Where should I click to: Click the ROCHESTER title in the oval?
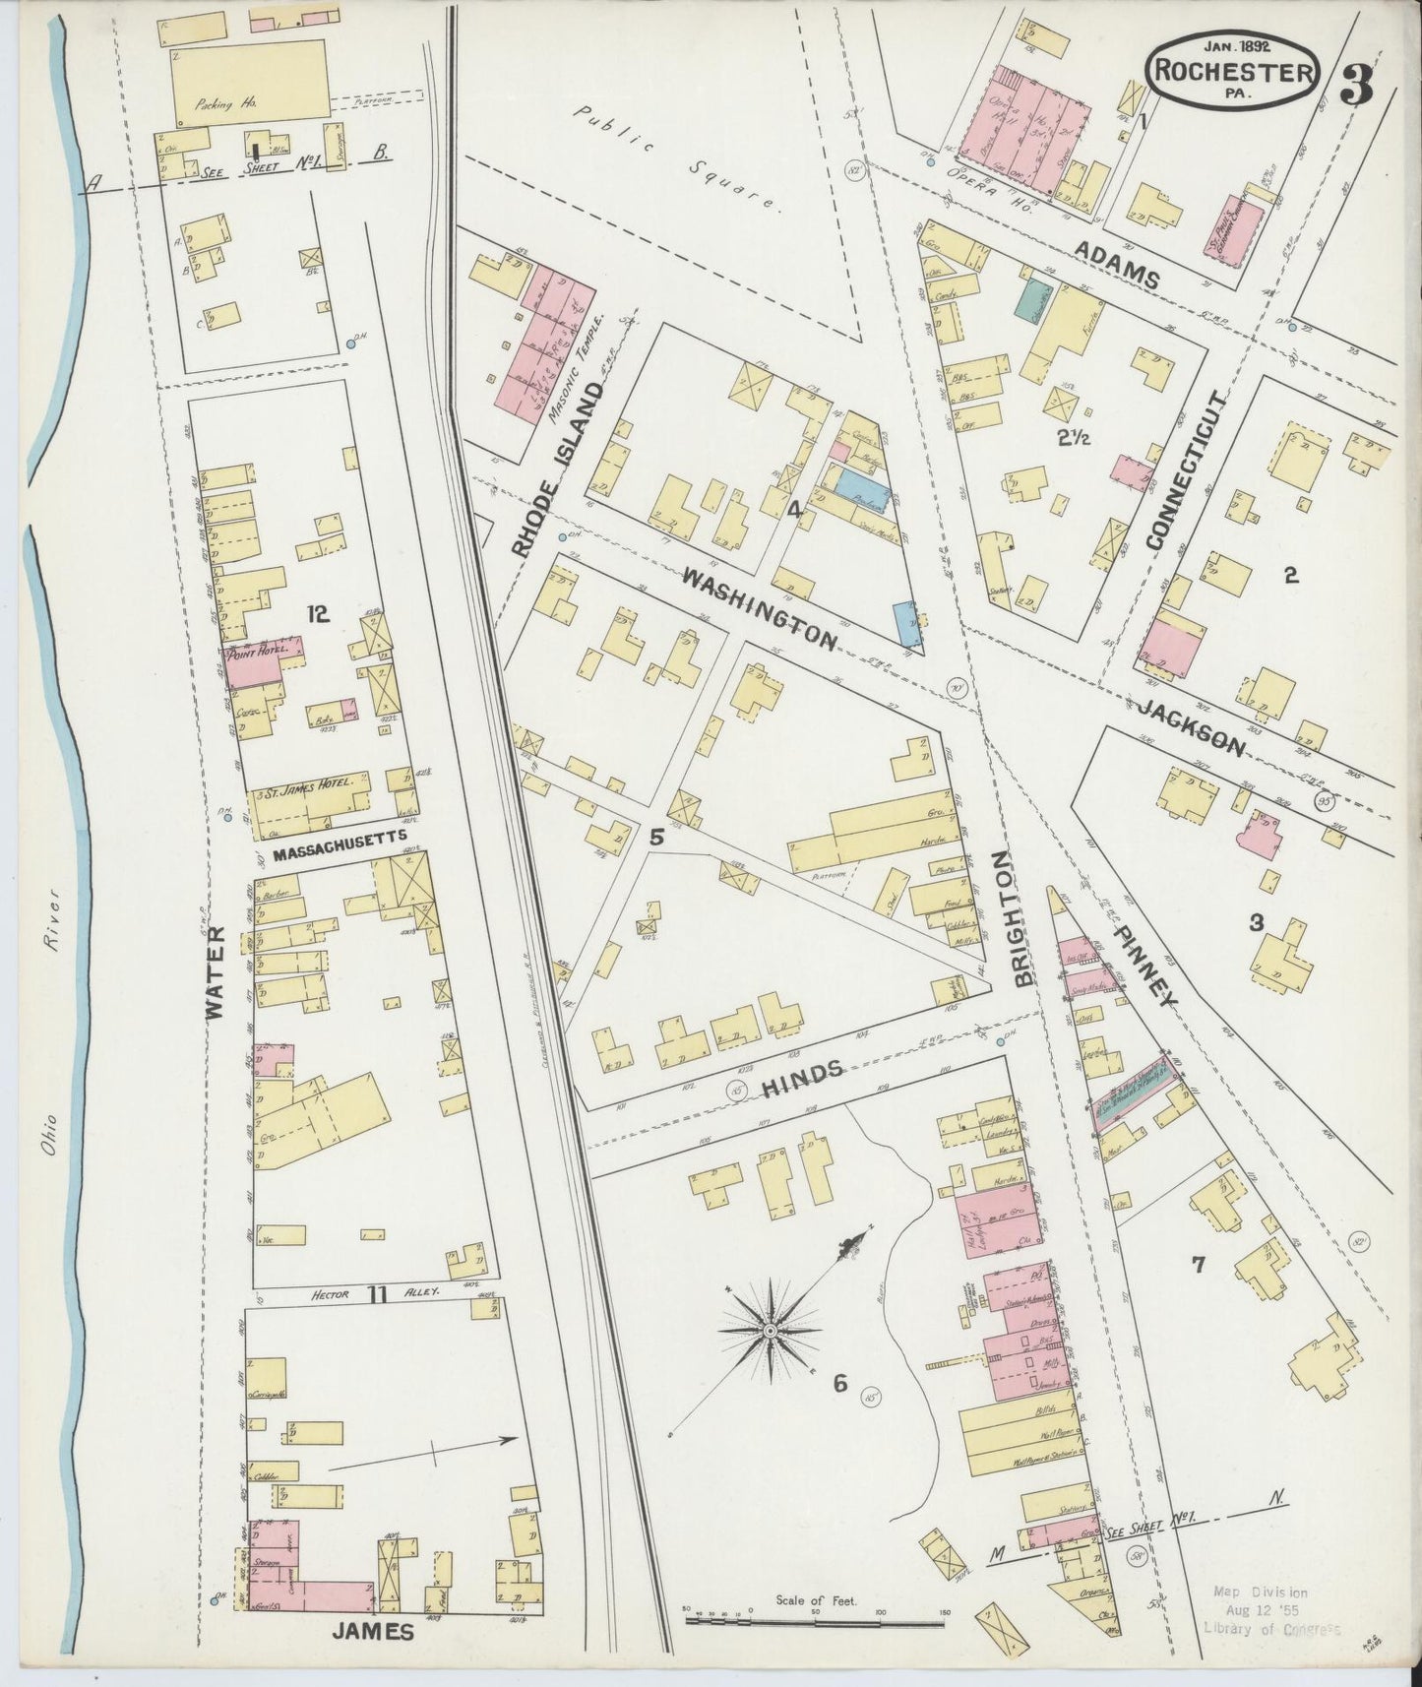pos(1231,71)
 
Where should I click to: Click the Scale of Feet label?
pos(816,1601)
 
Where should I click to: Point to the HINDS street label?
pos(801,1076)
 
